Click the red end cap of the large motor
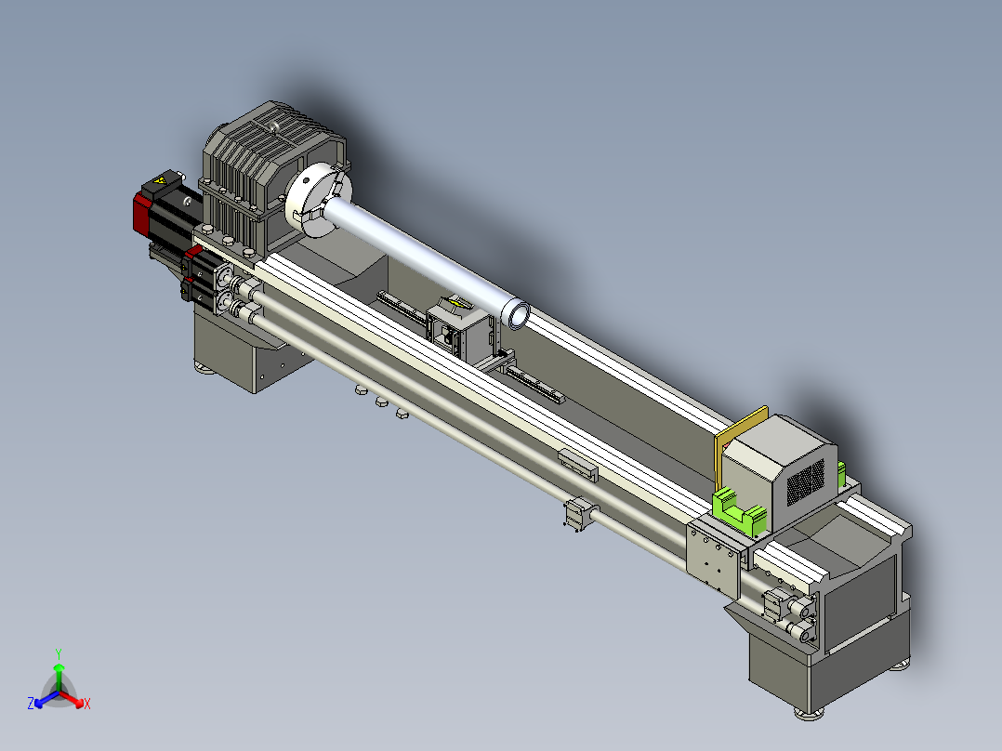coord(142,212)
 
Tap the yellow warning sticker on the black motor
coord(158,181)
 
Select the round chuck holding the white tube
coord(318,199)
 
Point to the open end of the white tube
coord(515,314)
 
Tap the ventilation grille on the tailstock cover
coord(806,481)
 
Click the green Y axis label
coord(59,653)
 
